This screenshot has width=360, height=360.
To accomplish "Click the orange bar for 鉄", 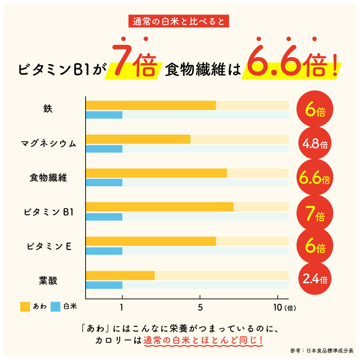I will click(151, 105).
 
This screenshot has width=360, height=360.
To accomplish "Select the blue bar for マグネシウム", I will click(104, 149).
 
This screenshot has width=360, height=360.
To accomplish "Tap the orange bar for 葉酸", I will click(120, 275).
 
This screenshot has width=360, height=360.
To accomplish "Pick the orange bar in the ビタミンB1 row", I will click(159, 207).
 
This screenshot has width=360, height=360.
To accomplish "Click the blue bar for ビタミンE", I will click(104, 251).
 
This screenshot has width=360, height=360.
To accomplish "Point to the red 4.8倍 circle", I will click(315, 144).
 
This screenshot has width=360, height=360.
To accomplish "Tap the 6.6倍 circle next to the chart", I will click(315, 179).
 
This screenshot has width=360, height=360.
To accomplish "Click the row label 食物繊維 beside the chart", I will click(48, 178).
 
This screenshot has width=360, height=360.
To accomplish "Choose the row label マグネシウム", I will click(48, 144).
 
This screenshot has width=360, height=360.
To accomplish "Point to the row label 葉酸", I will click(48, 281).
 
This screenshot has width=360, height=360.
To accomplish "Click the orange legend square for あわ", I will click(25, 307).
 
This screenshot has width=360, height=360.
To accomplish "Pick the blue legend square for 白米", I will click(56, 307).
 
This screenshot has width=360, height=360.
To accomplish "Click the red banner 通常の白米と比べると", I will click(179, 22).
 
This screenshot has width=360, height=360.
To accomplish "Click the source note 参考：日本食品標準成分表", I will click(322, 350).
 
